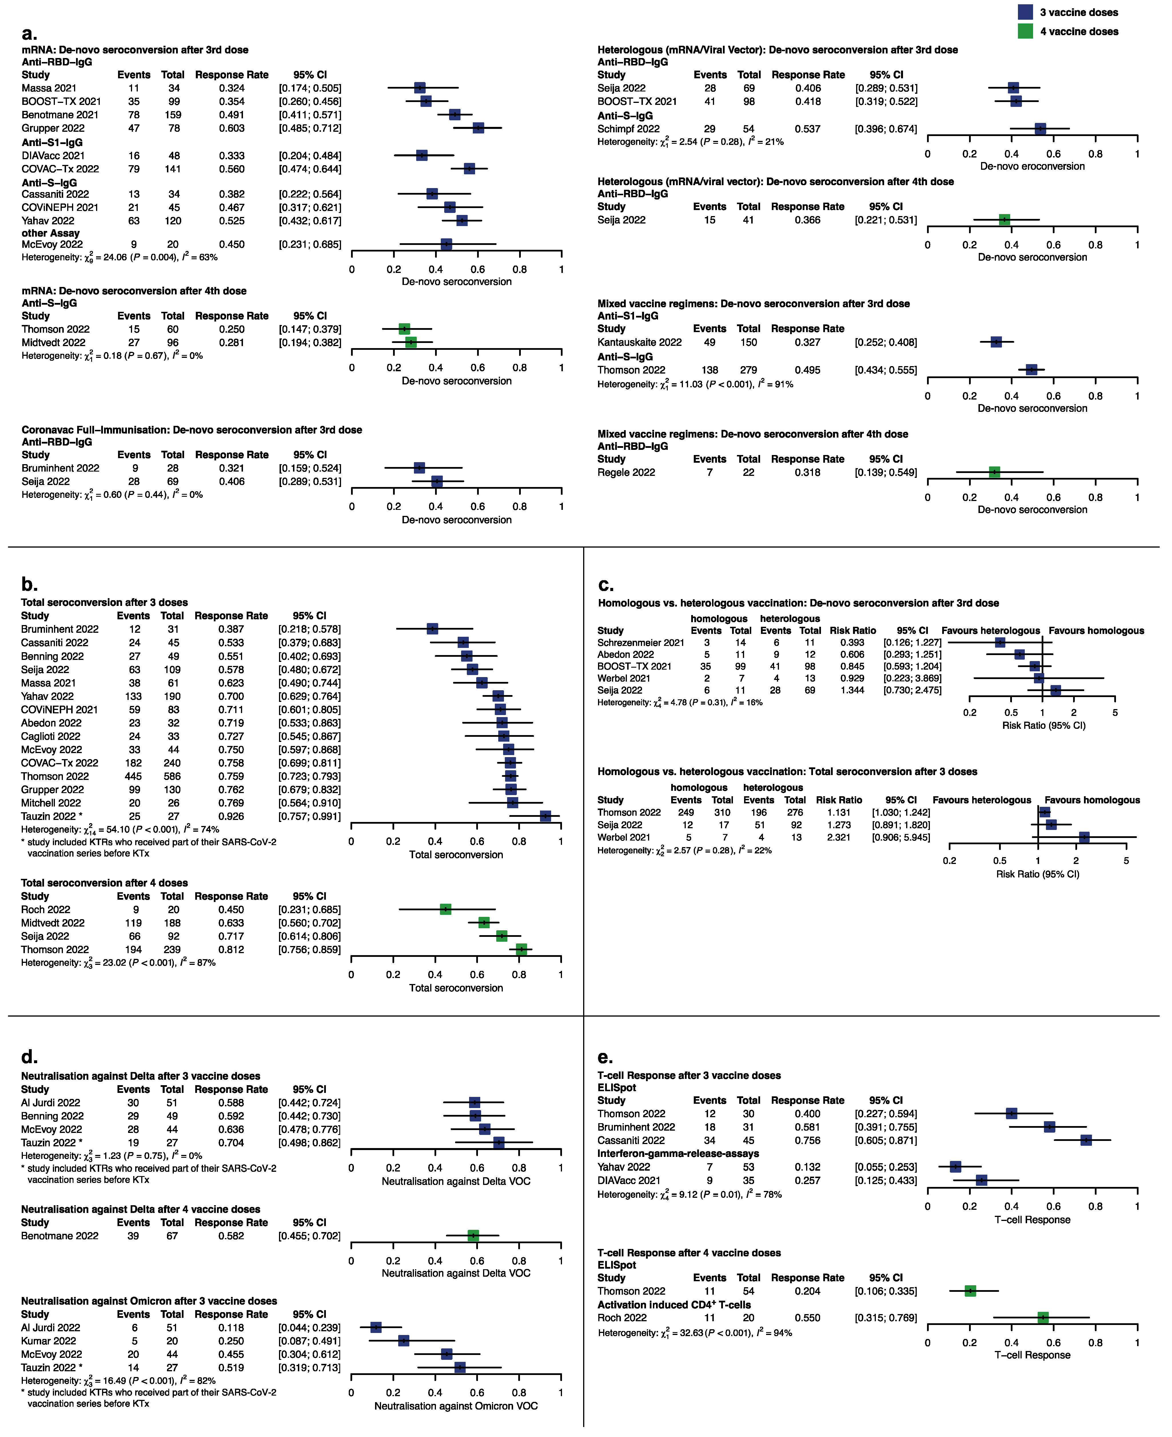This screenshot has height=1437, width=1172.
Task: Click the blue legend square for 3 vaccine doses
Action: tap(1025, 12)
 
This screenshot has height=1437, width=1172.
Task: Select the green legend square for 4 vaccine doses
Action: tap(1025, 31)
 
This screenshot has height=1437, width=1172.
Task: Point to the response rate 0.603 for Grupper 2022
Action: tap(232, 128)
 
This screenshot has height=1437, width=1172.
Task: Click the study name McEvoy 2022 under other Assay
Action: tap(52, 244)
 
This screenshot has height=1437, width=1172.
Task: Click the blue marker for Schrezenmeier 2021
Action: tap(1000, 642)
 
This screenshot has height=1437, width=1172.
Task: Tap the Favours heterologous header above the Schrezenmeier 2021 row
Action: tap(990, 630)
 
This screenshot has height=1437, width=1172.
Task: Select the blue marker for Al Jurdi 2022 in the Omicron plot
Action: tap(376, 1327)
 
